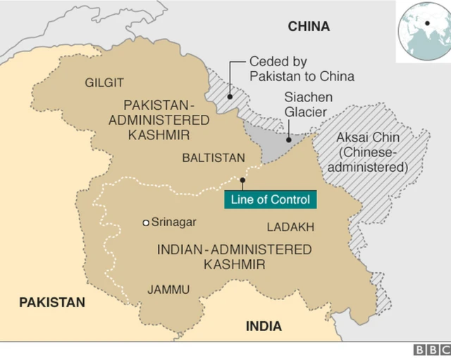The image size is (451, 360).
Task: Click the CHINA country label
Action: click(x=308, y=27)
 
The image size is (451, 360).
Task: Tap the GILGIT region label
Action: click(x=104, y=83)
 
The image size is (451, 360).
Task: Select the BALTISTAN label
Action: click(x=214, y=158)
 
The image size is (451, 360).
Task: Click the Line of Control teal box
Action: click(x=270, y=199)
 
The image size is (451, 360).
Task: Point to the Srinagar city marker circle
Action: click(x=146, y=223)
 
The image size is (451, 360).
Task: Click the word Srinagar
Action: click(x=174, y=222)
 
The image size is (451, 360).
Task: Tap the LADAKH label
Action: click(x=290, y=227)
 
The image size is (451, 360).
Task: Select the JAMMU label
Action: click(x=168, y=290)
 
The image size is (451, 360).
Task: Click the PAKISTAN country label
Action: click(x=51, y=302)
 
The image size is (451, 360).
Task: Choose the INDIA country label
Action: click(x=264, y=326)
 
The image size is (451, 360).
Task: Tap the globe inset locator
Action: click(x=422, y=27)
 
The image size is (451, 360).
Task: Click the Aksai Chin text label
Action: click(x=371, y=151)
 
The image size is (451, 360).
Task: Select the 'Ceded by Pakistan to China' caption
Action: click(x=302, y=69)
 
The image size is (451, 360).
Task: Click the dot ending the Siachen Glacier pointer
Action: click(x=288, y=139)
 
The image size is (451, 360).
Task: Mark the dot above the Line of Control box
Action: click(x=242, y=180)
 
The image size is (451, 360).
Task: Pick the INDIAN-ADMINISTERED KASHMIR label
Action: click(x=234, y=256)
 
